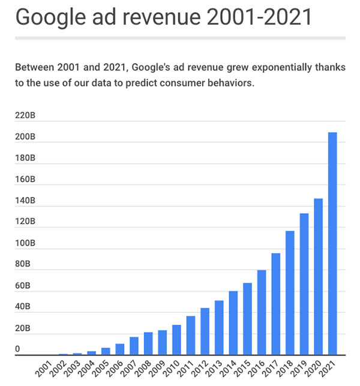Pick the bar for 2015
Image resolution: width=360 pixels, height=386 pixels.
[247, 319]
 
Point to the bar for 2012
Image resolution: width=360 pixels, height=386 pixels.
[205, 331]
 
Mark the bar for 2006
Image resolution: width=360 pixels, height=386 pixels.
[120, 349]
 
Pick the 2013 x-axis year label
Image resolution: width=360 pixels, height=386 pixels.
[214, 367]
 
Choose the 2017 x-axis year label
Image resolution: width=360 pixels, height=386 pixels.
[270, 367]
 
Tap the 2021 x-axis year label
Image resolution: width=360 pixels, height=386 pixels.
[326, 367]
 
